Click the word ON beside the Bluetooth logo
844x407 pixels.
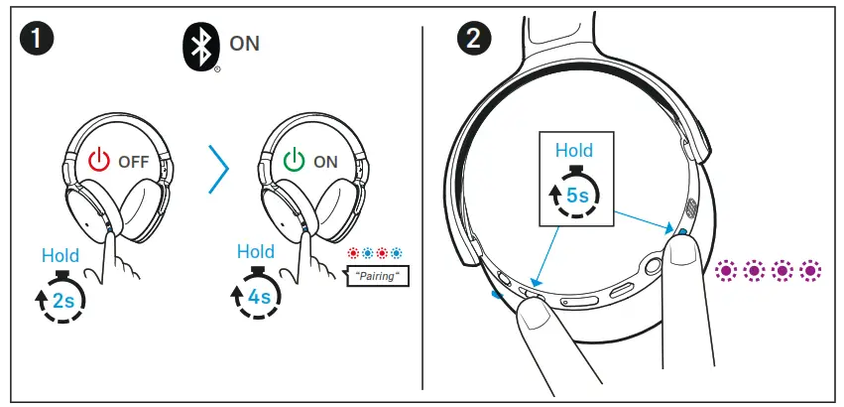[x=245, y=44]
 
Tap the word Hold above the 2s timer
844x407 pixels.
[x=60, y=256]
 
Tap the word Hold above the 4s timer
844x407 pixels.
[x=256, y=252]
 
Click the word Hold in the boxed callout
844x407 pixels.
[x=573, y=151]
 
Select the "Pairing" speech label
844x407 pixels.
[x=377, y=276]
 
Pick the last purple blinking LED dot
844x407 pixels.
[x=811, y=269]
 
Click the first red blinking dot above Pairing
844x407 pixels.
[x=352, y=253]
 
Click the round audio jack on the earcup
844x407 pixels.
[x=653, y=266]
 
